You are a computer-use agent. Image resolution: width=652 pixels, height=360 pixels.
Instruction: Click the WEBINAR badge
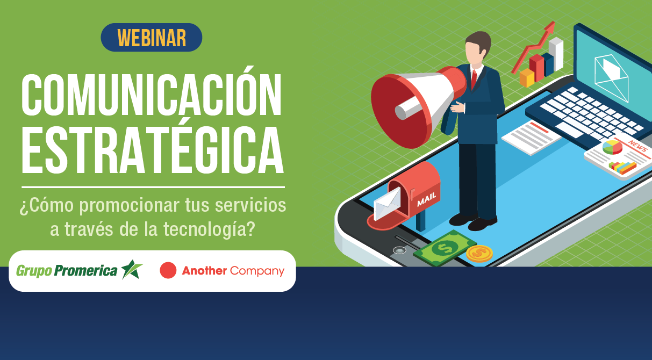click(x=152, y=38)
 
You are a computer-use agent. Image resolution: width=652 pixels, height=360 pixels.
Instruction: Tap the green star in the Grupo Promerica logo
click(x=131, y=270)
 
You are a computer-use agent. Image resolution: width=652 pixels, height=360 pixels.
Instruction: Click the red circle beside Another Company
click(x=168, y=271)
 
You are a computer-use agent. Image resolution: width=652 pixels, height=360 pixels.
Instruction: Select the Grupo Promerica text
click(x=67, y=271)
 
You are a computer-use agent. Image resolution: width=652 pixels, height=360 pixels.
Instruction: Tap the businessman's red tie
click(x=474, y=80)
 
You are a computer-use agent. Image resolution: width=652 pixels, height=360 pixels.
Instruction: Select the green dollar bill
click(x=443, y=248)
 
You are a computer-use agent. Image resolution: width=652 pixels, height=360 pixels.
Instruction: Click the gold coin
click(x=479, y=253)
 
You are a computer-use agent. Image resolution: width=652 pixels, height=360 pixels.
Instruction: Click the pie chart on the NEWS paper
click(x=612, y=147)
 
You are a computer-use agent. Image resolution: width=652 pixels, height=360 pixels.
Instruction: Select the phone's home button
click(x=398, y=250)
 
